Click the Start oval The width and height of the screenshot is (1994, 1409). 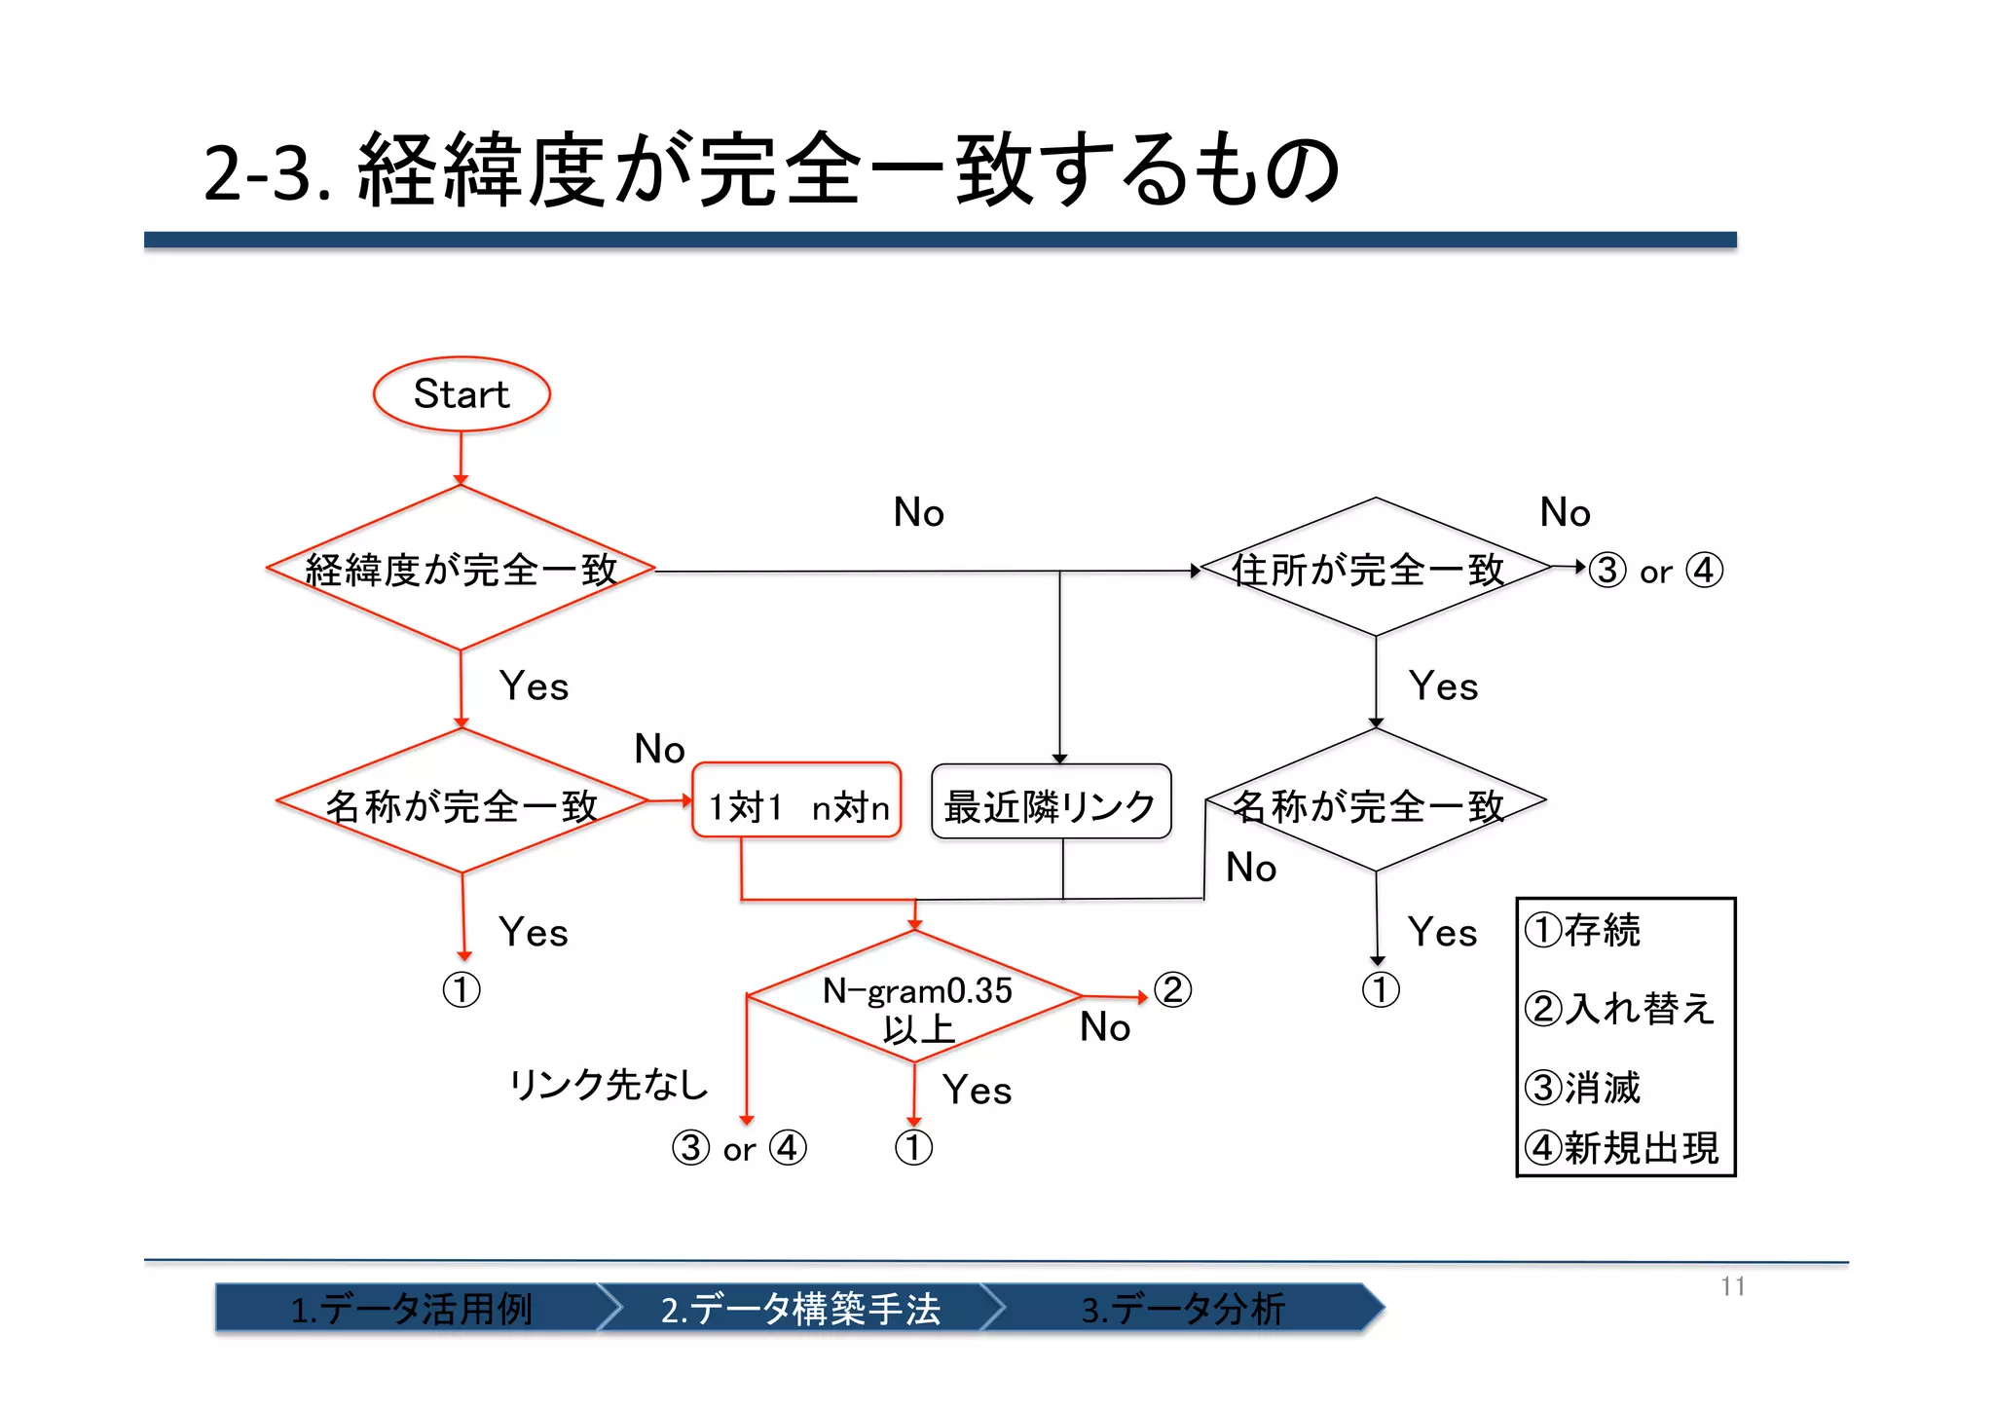[x=462, y=394]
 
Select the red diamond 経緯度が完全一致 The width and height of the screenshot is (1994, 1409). [x=461, y=569]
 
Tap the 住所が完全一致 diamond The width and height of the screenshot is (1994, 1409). [x=1375, y=569]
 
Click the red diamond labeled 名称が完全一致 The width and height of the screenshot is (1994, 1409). [x=462, y=803]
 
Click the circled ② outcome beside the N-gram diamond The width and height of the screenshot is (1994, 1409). [x=1172, y=990]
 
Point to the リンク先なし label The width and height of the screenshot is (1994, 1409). [x=609, y=1084]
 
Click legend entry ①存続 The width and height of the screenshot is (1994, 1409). [x=1583, y=930]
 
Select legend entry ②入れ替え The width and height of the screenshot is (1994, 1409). [x=1618, y=1008]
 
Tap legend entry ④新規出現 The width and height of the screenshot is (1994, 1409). [x=1622, y=1148]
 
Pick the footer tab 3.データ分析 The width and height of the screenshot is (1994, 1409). [x=1183, y=1308]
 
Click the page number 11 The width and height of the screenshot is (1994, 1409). [x=1732, y=1286]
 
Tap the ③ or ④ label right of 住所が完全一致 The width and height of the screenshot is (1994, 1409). [x=1655, y=571]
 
